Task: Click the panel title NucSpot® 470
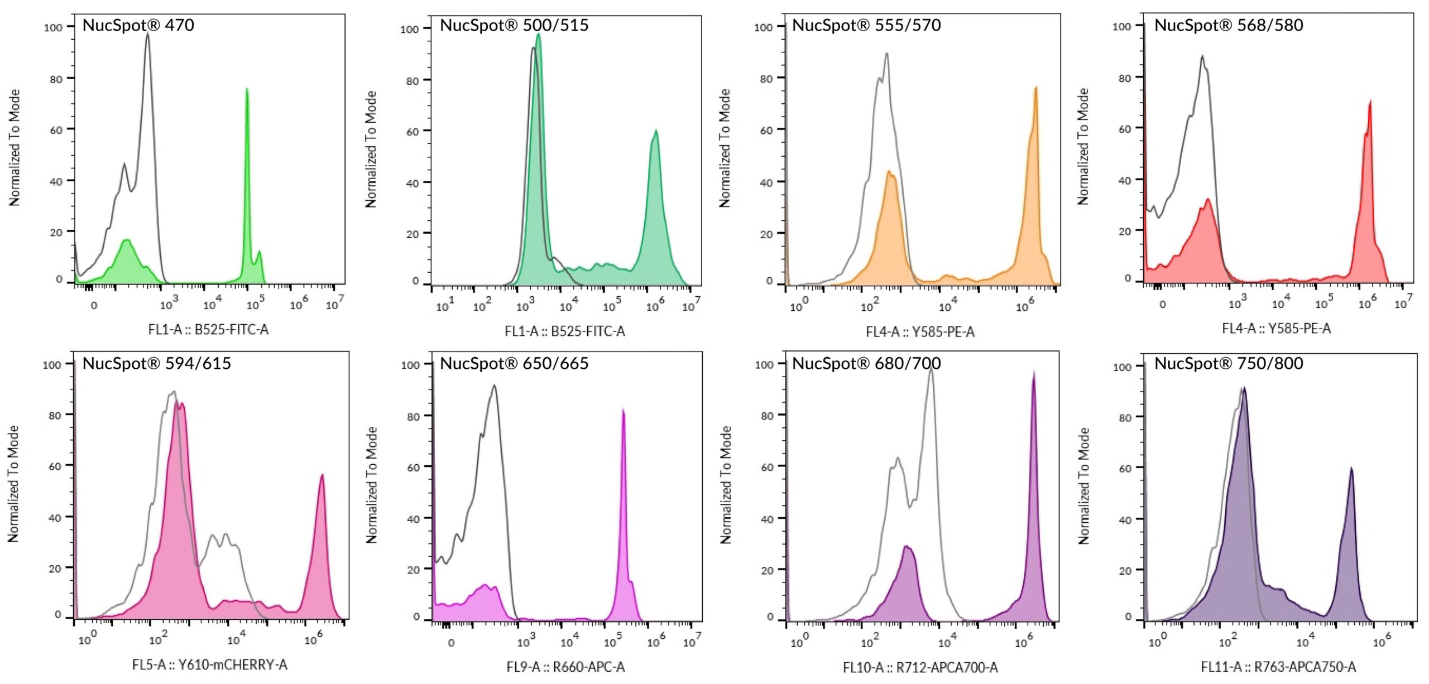(138, 25)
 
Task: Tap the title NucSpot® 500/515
(514, 25)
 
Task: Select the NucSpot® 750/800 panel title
(1228, 364)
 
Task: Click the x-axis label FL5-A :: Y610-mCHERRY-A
(209, 665)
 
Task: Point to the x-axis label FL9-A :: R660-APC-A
(565, 667)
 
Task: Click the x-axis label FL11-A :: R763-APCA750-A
(1278, 667)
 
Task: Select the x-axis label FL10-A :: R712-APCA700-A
(920, 667)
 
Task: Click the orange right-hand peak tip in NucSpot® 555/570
(1035, 89)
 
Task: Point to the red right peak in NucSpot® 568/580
(1370, 104)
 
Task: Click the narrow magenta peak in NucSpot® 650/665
(623, 413)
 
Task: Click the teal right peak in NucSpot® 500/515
(656, 133)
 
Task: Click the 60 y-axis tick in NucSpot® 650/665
(413, 468)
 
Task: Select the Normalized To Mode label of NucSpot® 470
(15, 148)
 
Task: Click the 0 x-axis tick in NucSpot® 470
(94, 306)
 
